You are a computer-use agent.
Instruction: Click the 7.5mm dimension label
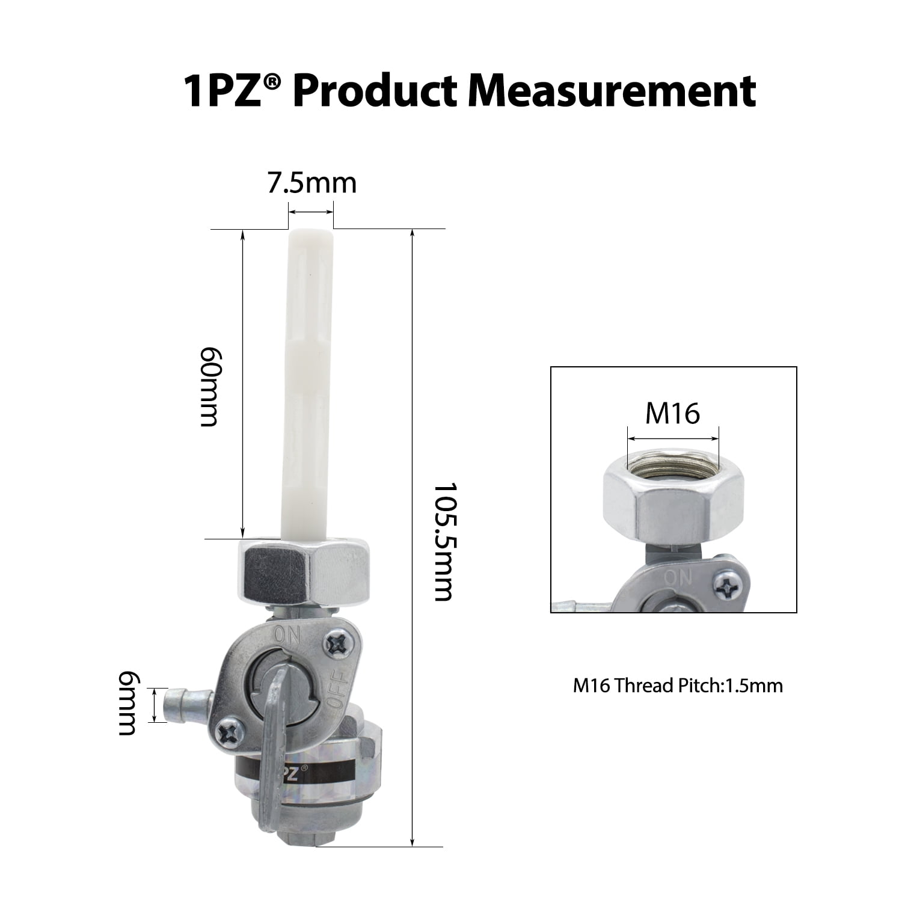click(x=311, y=183)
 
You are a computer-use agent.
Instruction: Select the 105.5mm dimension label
click(x=443, y=541)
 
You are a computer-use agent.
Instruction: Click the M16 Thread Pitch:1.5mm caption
click(x=678, y=686)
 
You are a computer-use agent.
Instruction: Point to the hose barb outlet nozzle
click(x=188, y=704)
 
